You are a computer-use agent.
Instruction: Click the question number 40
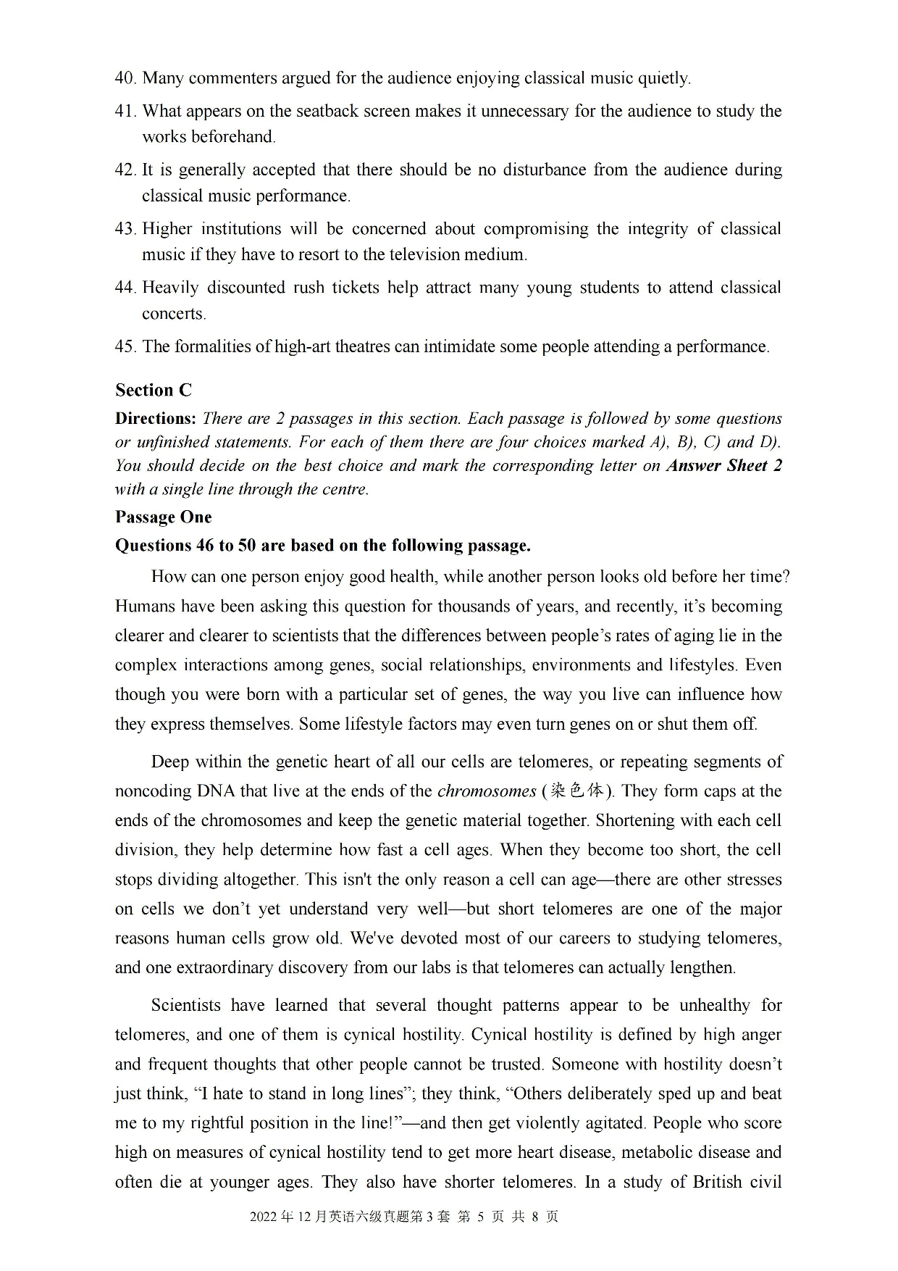125,78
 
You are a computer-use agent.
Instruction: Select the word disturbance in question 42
534,170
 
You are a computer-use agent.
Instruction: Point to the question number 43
125,229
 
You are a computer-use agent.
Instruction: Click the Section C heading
154,390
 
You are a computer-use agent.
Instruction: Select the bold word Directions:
156,418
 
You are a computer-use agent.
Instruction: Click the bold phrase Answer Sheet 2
724,465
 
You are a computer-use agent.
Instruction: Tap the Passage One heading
164,517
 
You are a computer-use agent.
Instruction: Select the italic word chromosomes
487,791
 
